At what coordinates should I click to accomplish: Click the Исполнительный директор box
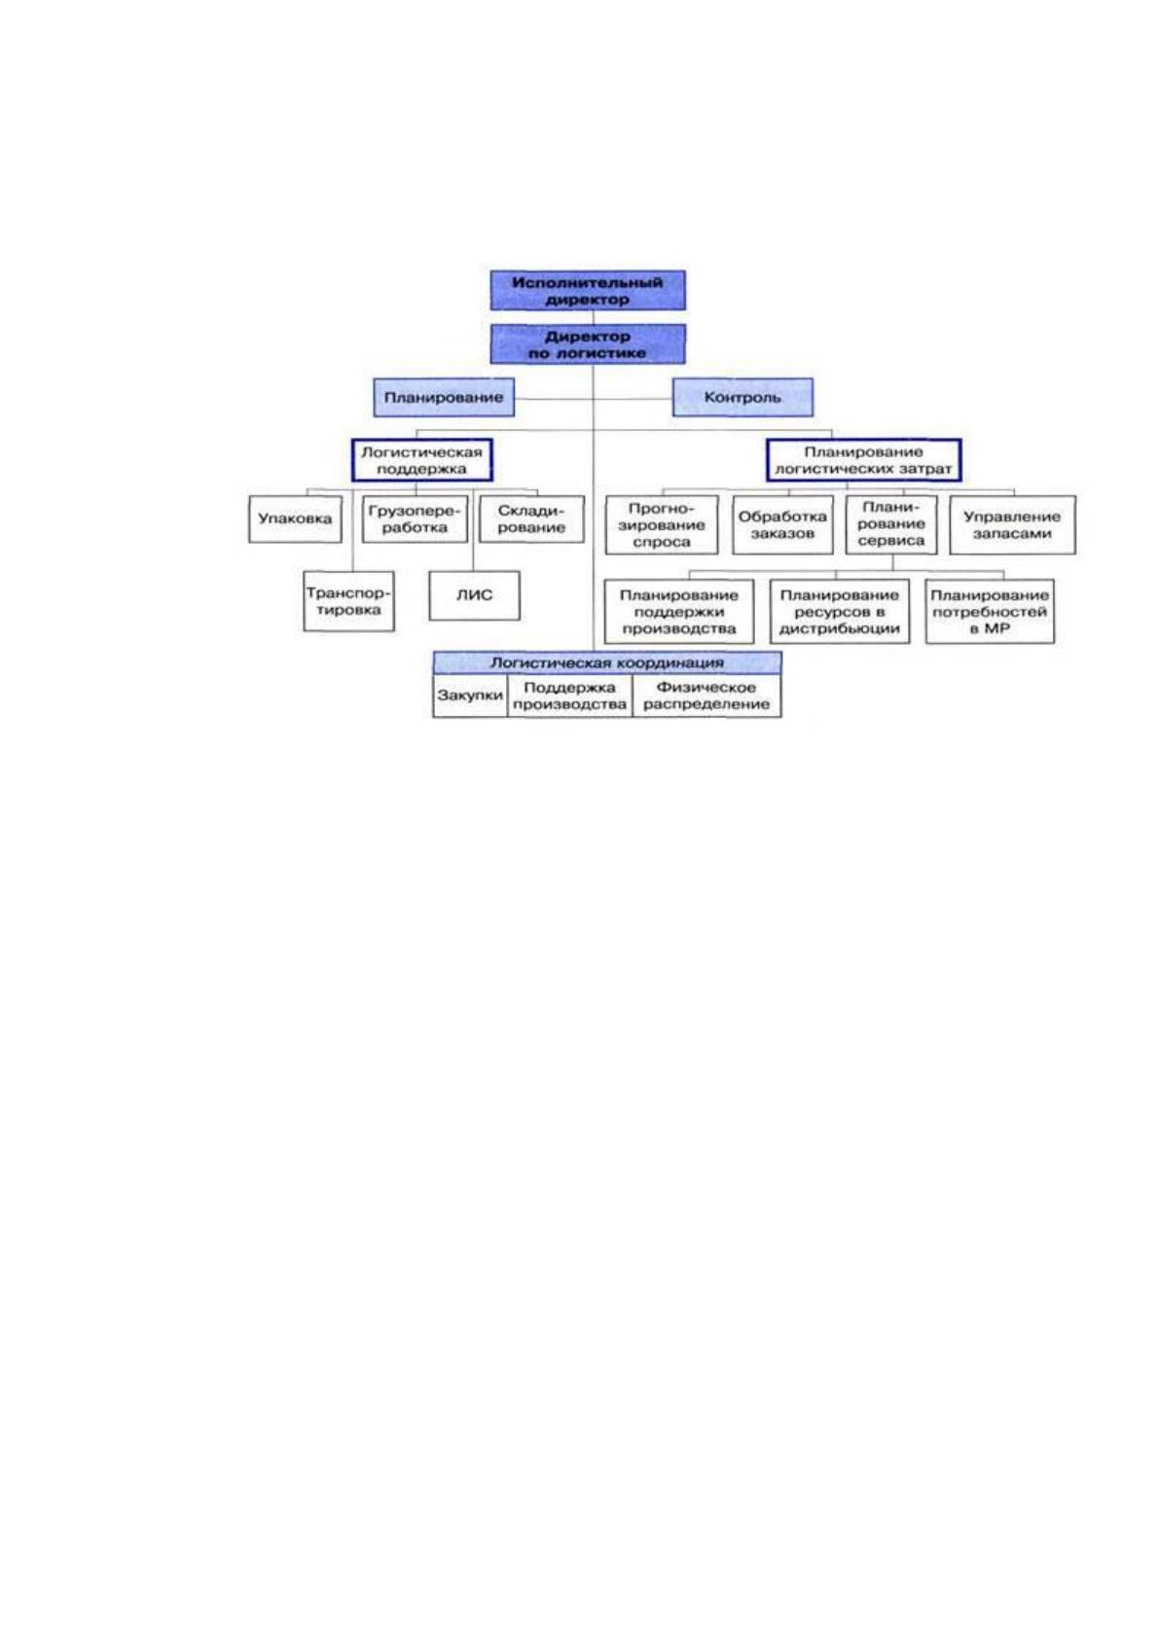click(588, 290)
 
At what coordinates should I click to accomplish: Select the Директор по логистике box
click(588, 343)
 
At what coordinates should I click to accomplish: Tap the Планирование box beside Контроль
click(444, 397)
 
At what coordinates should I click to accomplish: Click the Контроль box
click(742, 397)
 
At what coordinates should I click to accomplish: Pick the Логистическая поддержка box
click(421, 460)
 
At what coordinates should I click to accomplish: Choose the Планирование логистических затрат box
click(863, 460)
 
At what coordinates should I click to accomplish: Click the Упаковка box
click(295, 519)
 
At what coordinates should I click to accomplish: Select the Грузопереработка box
click(415, 519)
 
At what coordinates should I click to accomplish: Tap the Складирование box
click(531, 519)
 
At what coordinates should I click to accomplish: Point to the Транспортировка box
click(348, 601)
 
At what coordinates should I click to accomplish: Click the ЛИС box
click(474, 595)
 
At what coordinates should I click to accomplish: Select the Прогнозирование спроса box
click(662, 525)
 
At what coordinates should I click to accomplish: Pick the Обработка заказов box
click(782, 525)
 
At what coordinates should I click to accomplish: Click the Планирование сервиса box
click(891, 525)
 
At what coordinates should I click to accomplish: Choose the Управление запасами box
click(1012, 525)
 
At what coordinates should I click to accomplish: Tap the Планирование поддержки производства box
click(679, 611)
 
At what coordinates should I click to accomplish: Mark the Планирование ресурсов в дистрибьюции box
click(839, 611)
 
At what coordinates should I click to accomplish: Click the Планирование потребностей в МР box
click(990, 611)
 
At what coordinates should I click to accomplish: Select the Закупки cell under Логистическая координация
click(470, 695)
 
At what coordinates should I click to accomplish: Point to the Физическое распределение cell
click(706, 695)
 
